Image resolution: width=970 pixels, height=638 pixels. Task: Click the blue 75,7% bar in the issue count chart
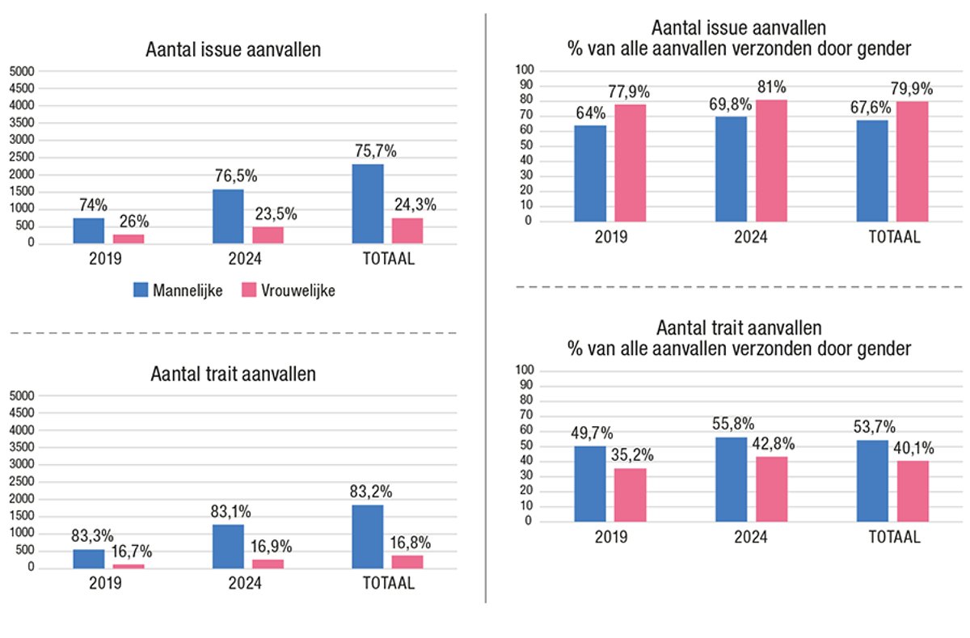[x=368, y=204]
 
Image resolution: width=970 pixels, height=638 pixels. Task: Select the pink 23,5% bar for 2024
[x=268, y=234]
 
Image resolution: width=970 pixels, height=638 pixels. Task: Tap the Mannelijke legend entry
[x=178, y=290]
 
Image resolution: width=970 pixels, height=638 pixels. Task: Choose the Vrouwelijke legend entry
[x=289, y=290]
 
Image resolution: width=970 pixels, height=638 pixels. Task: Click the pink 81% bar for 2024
[x=770, y=160]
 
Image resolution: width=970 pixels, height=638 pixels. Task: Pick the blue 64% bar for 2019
[x=590, y=173]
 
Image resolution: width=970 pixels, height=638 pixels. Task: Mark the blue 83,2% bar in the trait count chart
[x=368, y=536]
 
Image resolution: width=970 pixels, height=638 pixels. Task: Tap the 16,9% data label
[x=270, y=547]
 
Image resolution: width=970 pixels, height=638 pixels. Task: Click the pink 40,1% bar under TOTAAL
[x=912, y=491]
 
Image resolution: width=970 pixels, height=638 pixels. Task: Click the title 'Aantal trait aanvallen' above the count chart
[x=233, y=374]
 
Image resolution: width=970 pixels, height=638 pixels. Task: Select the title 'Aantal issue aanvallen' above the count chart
[x=234, y=49]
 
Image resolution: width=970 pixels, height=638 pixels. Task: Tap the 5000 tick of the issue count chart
[x=21, y=70]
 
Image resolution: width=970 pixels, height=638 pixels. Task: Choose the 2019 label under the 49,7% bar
[x=610, y=538]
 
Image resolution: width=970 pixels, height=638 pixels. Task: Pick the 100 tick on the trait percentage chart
[x=525, y=370]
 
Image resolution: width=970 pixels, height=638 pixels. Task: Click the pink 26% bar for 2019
[x=128, y=239]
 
